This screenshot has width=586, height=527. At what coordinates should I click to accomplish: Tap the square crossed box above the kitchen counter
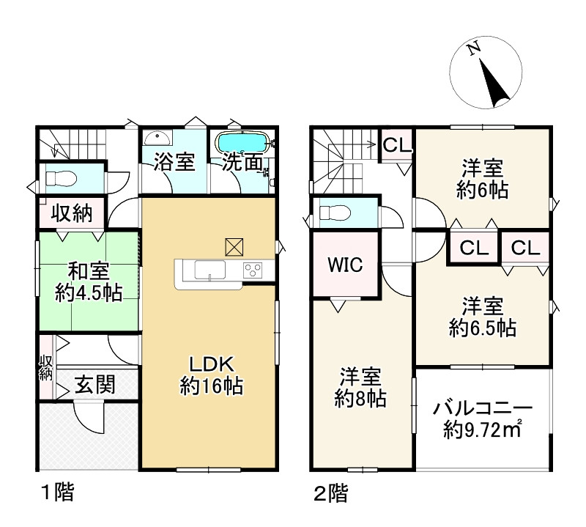[x=235, y=247]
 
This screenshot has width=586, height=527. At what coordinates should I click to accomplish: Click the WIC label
[x=344, y=265]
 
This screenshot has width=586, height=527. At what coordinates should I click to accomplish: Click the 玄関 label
[x=94, y=384]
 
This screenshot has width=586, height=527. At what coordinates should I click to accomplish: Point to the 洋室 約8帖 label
[x=360, y=388]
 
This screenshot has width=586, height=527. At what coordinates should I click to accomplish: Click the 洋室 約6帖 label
[x=482, y=178]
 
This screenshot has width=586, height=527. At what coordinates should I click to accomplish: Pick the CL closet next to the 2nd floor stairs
[x=396, y=144]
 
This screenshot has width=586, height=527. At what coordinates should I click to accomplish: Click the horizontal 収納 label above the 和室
[x=71, y=214]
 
